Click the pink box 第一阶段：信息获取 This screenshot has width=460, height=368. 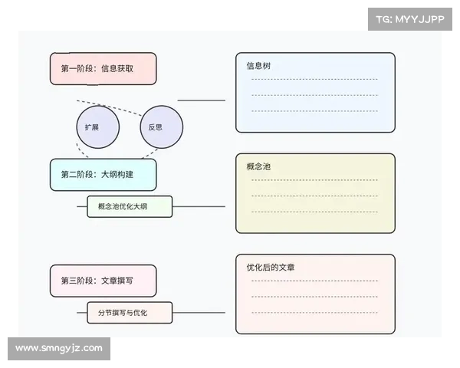pyautogui.click(x=103, y=68)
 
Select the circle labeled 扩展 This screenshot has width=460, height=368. pyautogui.click(x=98, y=127)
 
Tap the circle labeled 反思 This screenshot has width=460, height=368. pyautogui.click(x=161, y=127)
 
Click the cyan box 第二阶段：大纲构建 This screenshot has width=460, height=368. pyautogui.click(x=103, y=175)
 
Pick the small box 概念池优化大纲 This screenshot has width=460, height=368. pyautogui.click(x=130, y=206)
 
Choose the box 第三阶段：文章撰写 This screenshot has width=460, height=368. pyautogui.click(x=103, y=281)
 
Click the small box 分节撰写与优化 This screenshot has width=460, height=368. pyautogui.click(x=130, y=313)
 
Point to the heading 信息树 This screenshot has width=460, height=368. pyautogui.click(x=258, y=66)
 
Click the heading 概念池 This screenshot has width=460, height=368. pyautogui.click(x=258, y=166)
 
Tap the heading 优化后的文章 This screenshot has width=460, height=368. pyautogui.click(x=271, y=268)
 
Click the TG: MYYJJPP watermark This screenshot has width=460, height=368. pyautogui.click(x=410, y=18)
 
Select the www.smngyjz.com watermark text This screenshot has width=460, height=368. pyautogui.click(x=59, y=348)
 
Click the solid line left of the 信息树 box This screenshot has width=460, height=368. pyautogui.click(x=202, y=100)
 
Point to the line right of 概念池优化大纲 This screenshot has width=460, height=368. pyautogui.click(x=199, y=206)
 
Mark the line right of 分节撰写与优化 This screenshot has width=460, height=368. pyautogui.click(x=199, y=313)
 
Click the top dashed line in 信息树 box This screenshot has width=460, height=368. pyautogui.click(x=314, y=79)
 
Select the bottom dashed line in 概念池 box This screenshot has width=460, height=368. pyautogui.click(x=314, y=211)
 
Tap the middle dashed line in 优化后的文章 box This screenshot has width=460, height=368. pyautogui.click(x=314, y=296)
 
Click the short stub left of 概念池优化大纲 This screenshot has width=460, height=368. pyautogui.click(x=82, y=206)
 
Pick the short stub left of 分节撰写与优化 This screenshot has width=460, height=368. pyautogui.click(x=82, y=313)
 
